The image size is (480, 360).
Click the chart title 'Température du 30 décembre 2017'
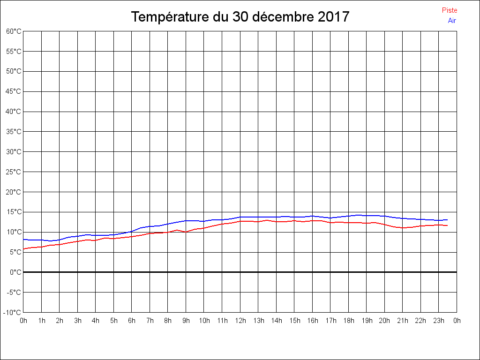tap(240, 17)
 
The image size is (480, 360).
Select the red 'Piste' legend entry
tap(450, 10)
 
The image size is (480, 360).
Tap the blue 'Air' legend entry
tap(452, 21)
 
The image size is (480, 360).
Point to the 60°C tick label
tap(14, 31)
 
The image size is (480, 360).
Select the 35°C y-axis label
tap(14, 132)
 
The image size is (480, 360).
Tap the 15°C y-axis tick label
tap(14, 212)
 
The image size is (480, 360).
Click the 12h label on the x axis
tap(240, 321)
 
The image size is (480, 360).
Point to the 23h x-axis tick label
tap(439, 321)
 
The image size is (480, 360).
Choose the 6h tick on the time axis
tap(132, 321)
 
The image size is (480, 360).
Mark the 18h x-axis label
tap(349, 321)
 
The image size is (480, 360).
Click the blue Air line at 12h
tap(240, 217)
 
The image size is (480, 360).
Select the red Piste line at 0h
tap(24, 249)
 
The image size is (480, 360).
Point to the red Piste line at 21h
tap(403, 228)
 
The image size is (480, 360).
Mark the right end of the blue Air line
tap(447, 220)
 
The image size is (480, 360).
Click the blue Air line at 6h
tap(132, 231)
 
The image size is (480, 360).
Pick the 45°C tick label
tap(14, 91)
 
